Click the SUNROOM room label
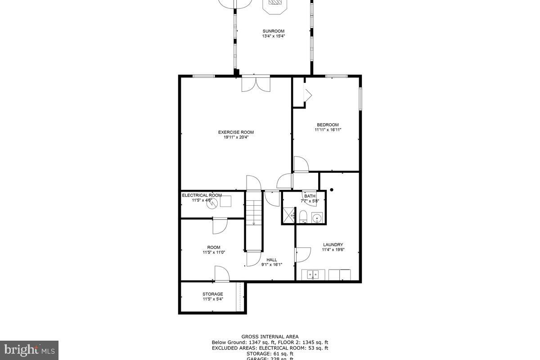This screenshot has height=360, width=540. coord(274,31)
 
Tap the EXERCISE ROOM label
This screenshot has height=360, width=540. coord(236,132)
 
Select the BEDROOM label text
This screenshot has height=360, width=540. coord(328,125)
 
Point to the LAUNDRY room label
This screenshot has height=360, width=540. coord(333,245)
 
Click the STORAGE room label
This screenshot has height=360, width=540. coord(212,294)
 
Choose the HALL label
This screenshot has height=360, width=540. coord(272,260)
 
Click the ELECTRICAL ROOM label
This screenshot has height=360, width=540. coord(202,195)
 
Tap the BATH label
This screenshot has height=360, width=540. coord(310,196)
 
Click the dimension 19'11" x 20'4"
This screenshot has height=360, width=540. coord(236,138)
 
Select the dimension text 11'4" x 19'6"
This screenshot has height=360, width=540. coord(333,250)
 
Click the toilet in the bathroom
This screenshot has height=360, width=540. coord(303,216)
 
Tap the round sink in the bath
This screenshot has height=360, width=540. coord(318,218)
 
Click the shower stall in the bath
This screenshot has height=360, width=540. coord(288,216)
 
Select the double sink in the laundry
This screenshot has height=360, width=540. coord(313,274)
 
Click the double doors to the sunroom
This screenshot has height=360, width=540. coord(256,84)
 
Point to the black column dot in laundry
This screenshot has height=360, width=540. coord(332,190)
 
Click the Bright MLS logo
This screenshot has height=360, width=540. coord(29,350)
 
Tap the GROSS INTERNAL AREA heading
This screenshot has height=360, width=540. coord(270,337)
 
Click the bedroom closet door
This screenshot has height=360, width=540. coord(308,94)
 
